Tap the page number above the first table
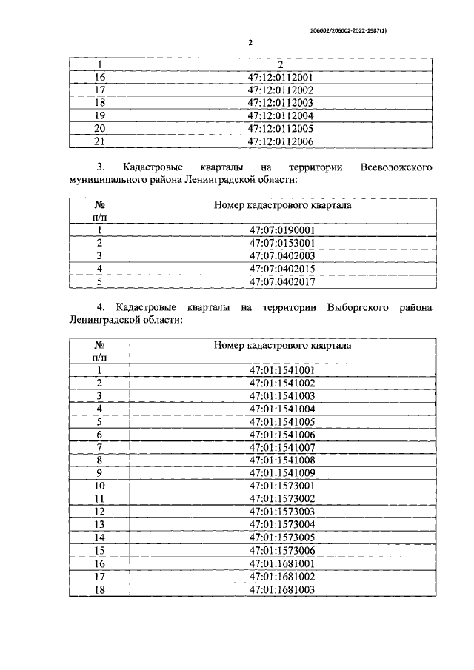pyautogui.click(x=250, y=42)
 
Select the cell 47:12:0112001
pyautogui.click(x=281, y=77)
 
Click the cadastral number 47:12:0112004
pyautogui.click(x=281, y=115)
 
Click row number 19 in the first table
pyautogui.click(x=101, y=115)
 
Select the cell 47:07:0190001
pyautogui.click(x=281, y=230)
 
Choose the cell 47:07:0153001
pyautogui.click(x=281, y=242)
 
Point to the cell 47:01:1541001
pyautogui.click(x=281, y=369)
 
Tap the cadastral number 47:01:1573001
pyautogui.click(x=281, y=486)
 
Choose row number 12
pyautogui.click(x=101, y=511)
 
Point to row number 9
pyautogui.click(x=100, y=472)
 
